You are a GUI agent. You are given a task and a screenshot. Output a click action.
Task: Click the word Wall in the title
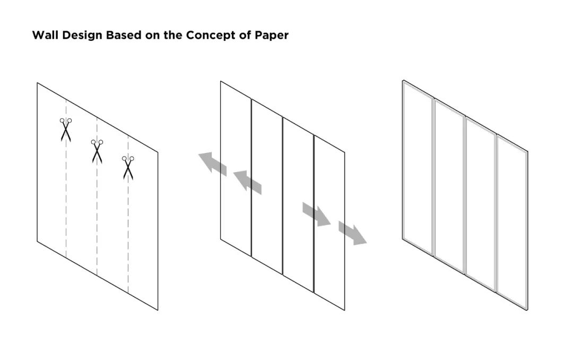pyautogui.click(x=44, y=36)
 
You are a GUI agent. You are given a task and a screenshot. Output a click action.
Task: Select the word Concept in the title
pyautogui.click(x=207, y=36)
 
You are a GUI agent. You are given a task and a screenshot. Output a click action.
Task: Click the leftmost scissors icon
pyautogui.click(x=65, y=129)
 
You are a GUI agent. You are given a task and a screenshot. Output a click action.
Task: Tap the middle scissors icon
pyautogui.click(x=97, y=151)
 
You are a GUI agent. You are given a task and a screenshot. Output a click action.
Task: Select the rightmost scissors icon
pyautogui.click(x=127, y=167)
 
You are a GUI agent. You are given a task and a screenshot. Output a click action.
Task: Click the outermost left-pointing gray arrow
pyautogui.click(x=212, y=162)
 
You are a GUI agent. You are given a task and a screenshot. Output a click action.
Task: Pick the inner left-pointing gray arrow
pyautogui.click(x=247, y=181)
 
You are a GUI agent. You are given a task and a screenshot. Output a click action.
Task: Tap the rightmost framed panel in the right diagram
pyautogui.click(x=511, y=223)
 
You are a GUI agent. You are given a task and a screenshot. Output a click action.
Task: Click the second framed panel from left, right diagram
pyautogui.click(x=449, y=186)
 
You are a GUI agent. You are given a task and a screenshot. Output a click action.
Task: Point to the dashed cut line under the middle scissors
pyautogui.click(x=97, y=223)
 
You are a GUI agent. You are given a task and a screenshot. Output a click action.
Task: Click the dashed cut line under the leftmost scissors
pyautogui.click(x=66, y=202)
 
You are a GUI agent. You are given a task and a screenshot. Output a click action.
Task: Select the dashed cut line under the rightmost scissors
pyautogui.click(x=128, y=239)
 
